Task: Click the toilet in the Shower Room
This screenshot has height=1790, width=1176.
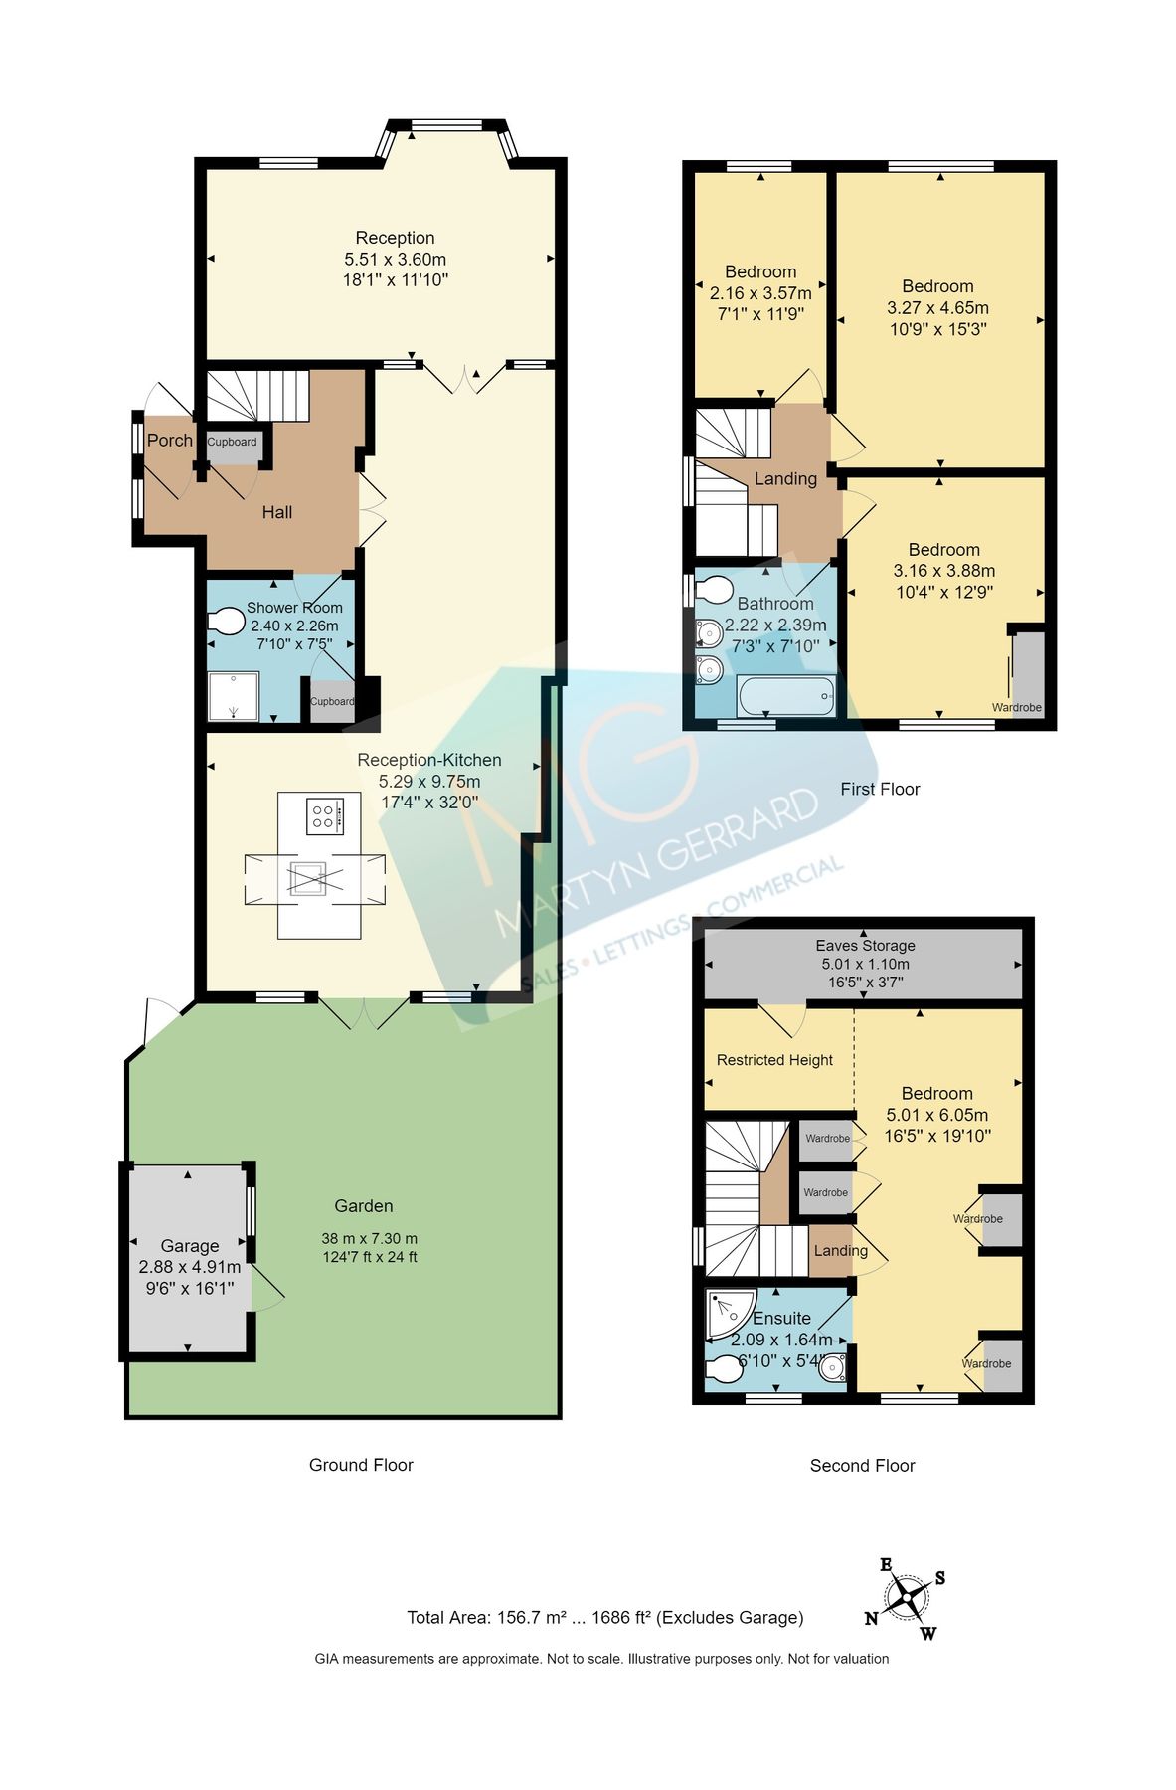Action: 228,622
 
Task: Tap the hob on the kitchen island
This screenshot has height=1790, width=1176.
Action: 324,816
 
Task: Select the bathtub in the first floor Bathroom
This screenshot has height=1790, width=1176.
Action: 786,696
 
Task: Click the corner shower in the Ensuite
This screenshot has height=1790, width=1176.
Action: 727,1313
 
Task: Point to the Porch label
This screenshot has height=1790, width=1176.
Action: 170,440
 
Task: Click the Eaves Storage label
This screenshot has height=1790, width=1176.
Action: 865,946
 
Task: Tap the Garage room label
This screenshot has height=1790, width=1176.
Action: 190,1246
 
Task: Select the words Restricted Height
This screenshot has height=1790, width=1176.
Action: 774,1060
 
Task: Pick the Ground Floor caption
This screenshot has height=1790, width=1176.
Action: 361,1465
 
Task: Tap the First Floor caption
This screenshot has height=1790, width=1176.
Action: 880,789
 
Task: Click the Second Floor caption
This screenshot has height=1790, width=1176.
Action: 862,1466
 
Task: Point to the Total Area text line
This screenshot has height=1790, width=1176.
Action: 604,1618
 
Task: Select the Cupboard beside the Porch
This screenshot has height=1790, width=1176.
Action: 233,444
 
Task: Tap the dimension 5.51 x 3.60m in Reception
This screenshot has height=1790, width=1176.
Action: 395,259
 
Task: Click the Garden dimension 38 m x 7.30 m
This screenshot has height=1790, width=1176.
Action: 369,1239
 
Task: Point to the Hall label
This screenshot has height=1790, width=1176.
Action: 277,512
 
